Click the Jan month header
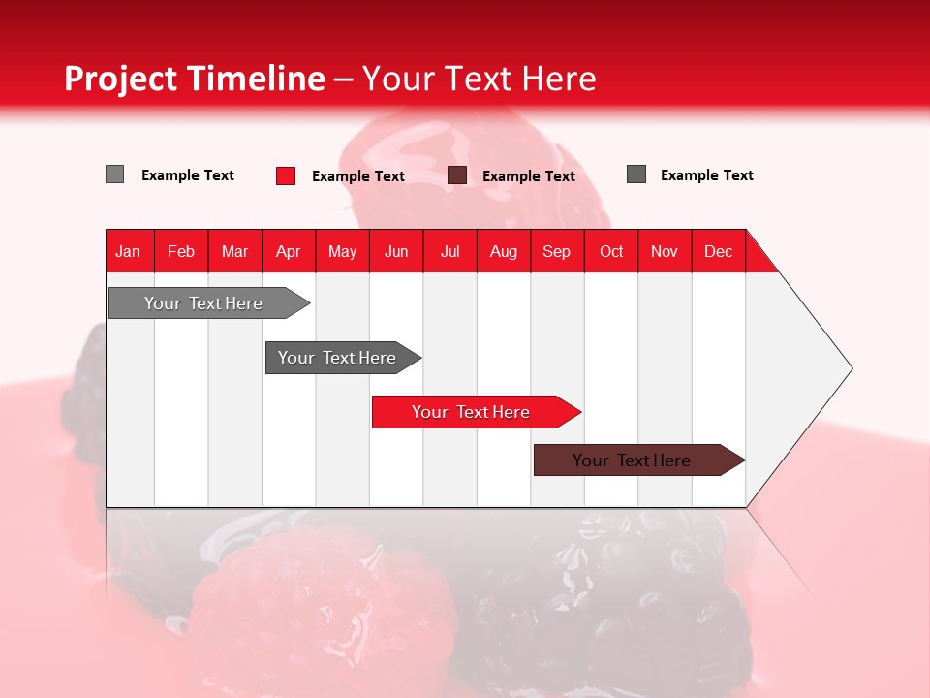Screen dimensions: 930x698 tap(128, 251)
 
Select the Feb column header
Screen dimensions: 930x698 tap(181, 251)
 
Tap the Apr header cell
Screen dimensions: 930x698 tap(289, 251)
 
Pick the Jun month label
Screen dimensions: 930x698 tap(396, 251)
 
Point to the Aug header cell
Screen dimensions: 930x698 tap(504, 251)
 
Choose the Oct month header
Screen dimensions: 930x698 tap(611, 251)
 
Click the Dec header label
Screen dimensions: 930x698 tap(718, 251)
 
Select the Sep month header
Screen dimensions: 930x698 tap(556, 251)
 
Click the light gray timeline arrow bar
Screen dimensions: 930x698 tap(209, 302)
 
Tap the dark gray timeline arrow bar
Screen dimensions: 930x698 tap(343, 358)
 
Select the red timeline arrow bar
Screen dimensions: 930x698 tap(477, 412)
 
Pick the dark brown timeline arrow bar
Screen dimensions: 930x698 tap(639, 460)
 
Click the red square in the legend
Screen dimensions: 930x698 tap(286, 175)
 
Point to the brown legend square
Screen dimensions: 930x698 tap(456, 175)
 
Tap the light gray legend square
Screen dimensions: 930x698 tap(114, 174)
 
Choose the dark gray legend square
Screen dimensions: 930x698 tap(636, 174)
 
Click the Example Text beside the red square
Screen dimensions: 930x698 tap(358, 176)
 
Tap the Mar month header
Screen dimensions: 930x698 tap(234, 251)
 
